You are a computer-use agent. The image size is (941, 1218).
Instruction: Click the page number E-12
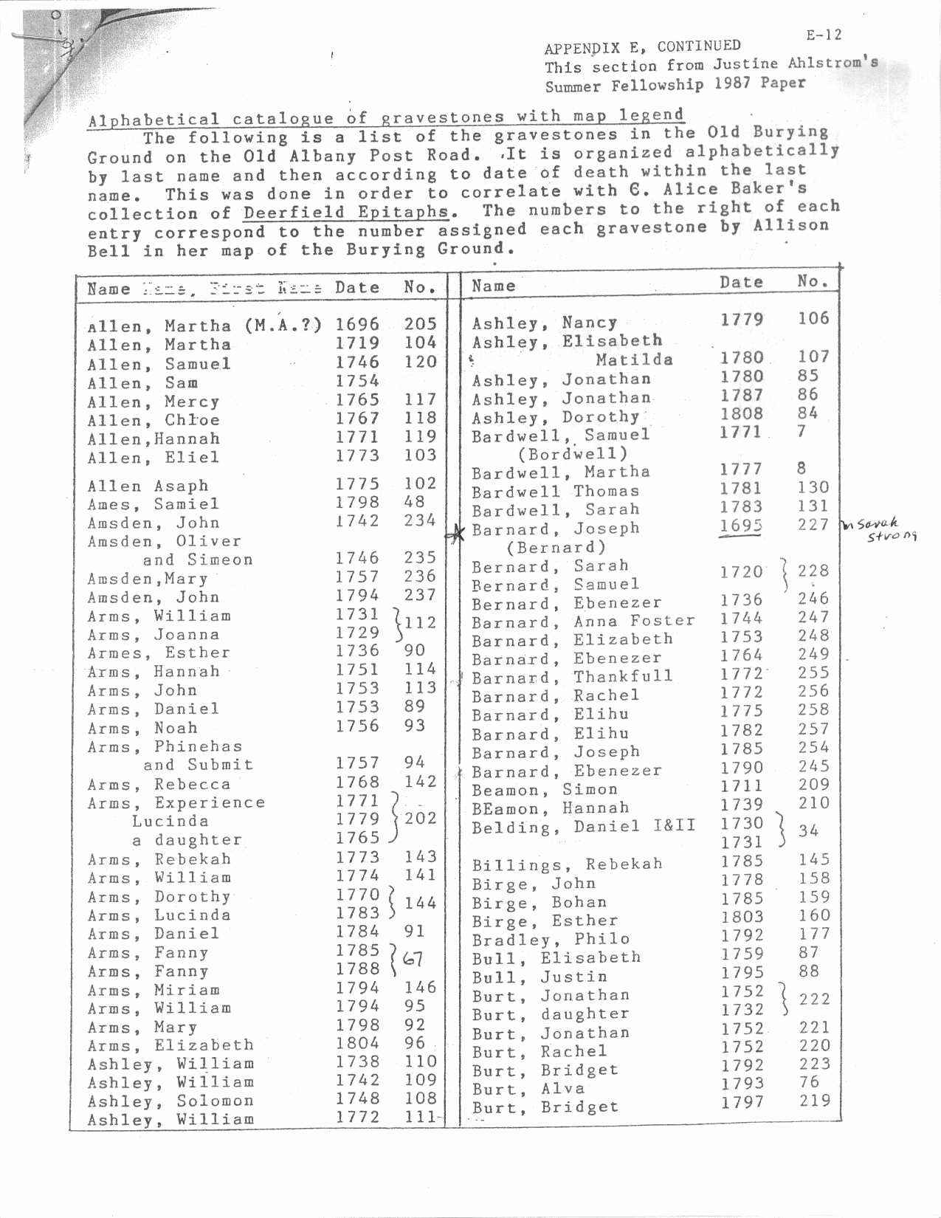click(x=823, y=35)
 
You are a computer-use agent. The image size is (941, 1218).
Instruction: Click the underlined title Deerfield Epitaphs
click(x=345, y=212)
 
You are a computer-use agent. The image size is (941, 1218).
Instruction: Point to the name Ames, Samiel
click(x=154, y=504)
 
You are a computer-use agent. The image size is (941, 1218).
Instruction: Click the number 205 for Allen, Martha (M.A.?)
click(x=420, y=323)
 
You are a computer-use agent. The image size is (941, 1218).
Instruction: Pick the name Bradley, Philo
click(x=551, y=939)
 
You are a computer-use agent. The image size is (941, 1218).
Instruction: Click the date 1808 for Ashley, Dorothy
click(x=742, y=413)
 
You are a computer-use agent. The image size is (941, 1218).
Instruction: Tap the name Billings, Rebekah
click(x=567, y=864)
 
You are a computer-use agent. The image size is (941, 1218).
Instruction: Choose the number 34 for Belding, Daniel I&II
click(x=808, y=830)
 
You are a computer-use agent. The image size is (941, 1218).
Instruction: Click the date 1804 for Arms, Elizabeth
click(x=357, y=1043)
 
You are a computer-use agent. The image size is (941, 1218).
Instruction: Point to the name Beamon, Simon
click(x=544, y=789)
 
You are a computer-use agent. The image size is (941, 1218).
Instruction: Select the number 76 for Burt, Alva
click(x=809, y=1081)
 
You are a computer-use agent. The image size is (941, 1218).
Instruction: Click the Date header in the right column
click(x=742, y=282)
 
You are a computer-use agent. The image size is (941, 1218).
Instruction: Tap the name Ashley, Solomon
click(x=170, y=1101)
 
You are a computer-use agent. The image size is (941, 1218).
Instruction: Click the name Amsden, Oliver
click(x=164, y=541)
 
